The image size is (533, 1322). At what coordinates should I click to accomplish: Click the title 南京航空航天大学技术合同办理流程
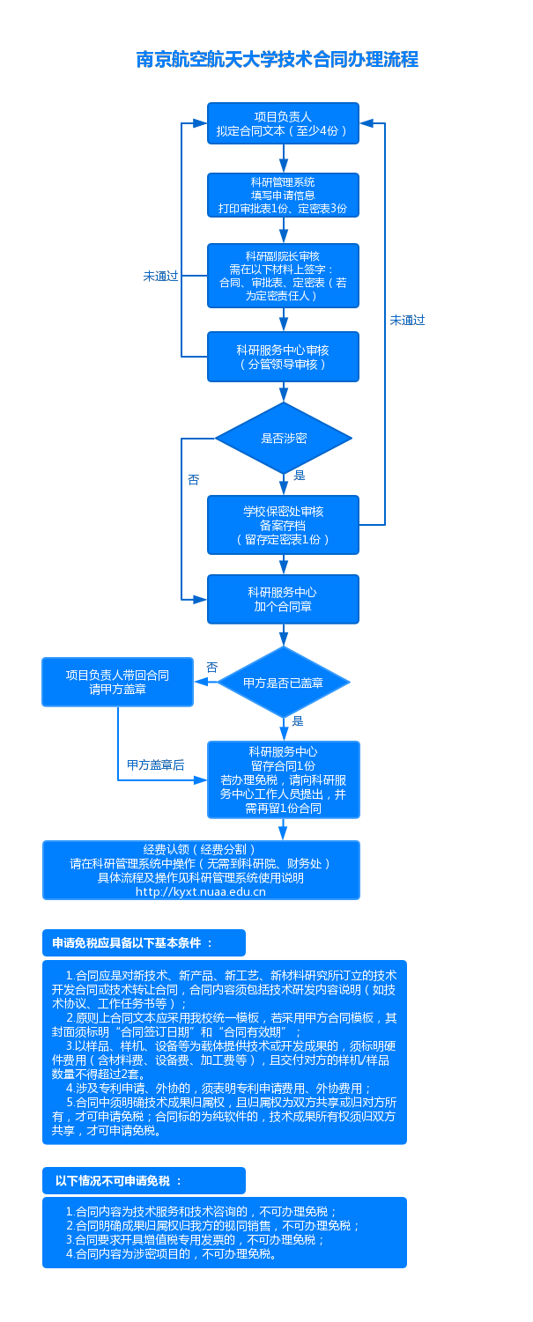[277, 60]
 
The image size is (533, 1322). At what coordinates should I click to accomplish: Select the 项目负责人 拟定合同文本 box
[283, 124]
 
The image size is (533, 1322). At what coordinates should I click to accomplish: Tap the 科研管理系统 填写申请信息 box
[283, 196]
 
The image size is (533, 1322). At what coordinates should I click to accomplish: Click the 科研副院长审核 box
[283, 275]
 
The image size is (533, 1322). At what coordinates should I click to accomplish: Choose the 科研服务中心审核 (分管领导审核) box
[283, 357]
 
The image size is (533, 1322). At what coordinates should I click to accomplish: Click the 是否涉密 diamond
[283, 438]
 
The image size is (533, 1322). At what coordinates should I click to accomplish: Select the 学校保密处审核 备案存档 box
[283, 524]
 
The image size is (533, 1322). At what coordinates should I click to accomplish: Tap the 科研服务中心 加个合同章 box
[283, 599]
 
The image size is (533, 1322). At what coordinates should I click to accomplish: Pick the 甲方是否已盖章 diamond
[284, 683]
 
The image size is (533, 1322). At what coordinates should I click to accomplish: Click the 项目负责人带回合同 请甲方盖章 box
[117, 682]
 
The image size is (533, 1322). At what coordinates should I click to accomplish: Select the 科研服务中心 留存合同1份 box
[283, 779]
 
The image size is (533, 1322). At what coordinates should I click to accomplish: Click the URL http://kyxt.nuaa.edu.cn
[201, 891]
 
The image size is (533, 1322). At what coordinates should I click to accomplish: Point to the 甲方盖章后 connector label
[156, 764]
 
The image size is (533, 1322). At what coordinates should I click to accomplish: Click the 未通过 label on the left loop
[160, 276]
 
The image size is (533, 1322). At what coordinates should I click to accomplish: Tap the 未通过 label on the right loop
[407, 321]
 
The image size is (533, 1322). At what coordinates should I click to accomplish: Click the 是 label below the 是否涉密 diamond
[300, 476]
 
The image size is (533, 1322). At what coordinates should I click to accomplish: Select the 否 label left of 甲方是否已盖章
[211, 668]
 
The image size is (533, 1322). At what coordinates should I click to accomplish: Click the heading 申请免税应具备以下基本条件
[133, 942]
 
